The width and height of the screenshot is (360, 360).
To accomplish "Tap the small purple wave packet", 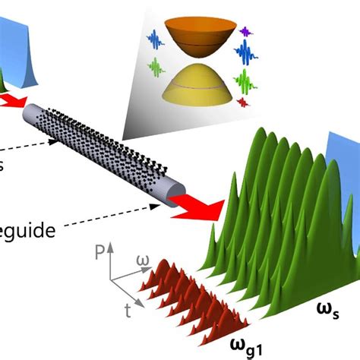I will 245,31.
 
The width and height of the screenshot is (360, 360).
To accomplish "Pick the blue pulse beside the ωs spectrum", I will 340,182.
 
